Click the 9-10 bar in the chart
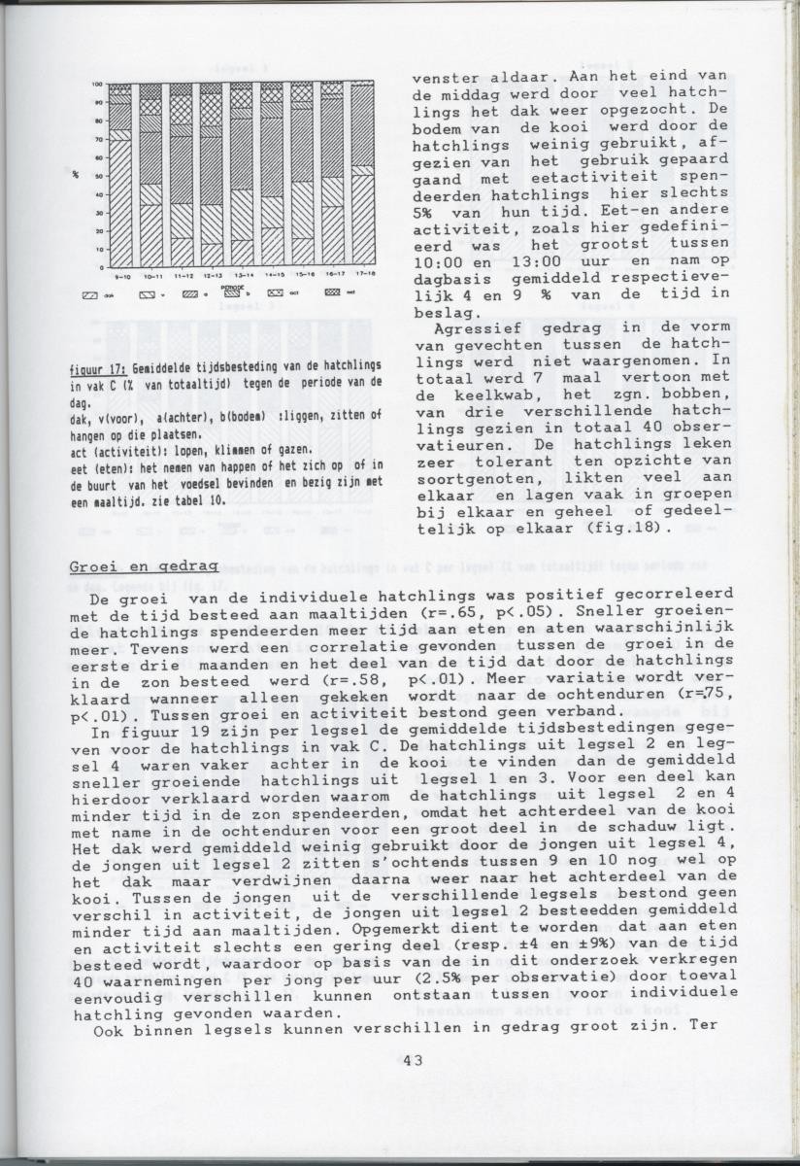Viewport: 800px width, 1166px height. click(120, 175)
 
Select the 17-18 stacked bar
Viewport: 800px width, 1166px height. click(362, 175)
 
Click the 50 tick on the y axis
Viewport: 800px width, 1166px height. click(99, 176)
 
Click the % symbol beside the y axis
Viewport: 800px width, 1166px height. click(75, 175)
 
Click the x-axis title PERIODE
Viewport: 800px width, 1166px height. click(232, 288)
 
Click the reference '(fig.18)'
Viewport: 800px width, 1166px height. click(637, 529)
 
